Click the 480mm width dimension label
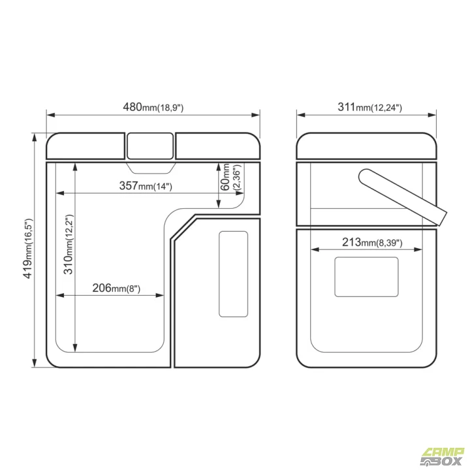tap(153, 107)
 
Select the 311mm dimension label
tap(369, 107)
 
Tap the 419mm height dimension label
tap(28, 249)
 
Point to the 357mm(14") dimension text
tap(146, 186)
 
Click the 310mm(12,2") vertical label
tap(69, 244)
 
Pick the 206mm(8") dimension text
tap(116, 288)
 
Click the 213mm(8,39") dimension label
tap(372, 242)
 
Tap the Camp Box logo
tap(443, 457)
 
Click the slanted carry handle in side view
tap(403, 197)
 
